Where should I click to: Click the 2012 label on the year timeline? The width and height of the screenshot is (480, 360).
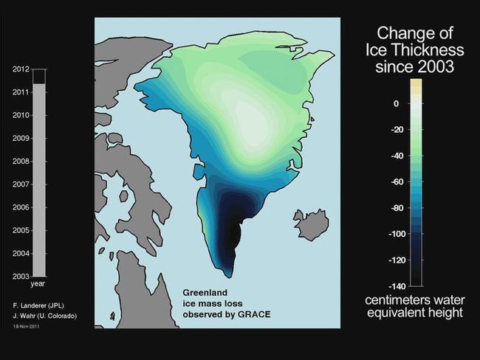pos(21,69)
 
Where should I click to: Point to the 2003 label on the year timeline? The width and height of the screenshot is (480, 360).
pos(21,276)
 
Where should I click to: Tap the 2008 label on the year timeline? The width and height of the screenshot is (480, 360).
pos(21,162)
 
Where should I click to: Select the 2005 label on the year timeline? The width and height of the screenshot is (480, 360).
pos(21,230)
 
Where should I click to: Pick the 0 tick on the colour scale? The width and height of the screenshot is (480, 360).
pos(396,104)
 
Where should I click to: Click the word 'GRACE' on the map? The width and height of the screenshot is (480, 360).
pos(253,314)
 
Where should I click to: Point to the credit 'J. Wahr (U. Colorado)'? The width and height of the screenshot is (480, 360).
pos(44,316)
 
